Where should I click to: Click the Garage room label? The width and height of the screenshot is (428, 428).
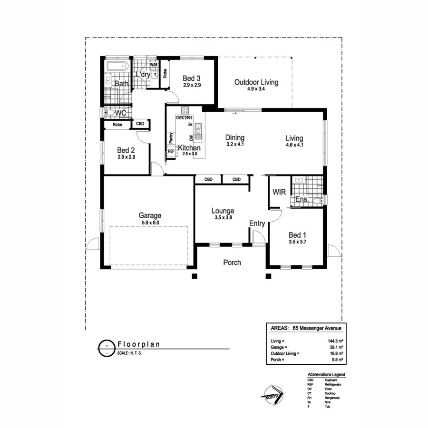(150, 215)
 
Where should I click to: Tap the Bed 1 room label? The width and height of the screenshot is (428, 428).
(295, 235)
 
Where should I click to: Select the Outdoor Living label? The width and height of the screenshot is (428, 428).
(256, 82)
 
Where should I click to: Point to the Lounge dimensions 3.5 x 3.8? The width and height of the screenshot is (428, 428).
(223, 218)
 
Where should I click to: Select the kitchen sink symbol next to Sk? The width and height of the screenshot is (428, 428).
(198, 130)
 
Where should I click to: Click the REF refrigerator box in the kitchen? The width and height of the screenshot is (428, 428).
(171, 151)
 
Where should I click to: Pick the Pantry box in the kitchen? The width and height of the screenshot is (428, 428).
(171, 137)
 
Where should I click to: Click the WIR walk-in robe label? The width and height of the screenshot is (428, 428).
(278, 192)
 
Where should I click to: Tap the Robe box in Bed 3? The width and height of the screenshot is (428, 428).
(165, 74)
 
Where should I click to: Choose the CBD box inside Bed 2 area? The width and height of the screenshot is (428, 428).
(140, 124)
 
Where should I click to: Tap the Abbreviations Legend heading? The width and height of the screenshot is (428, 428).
(326, 375)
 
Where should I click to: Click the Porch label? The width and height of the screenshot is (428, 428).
(232, 263)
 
